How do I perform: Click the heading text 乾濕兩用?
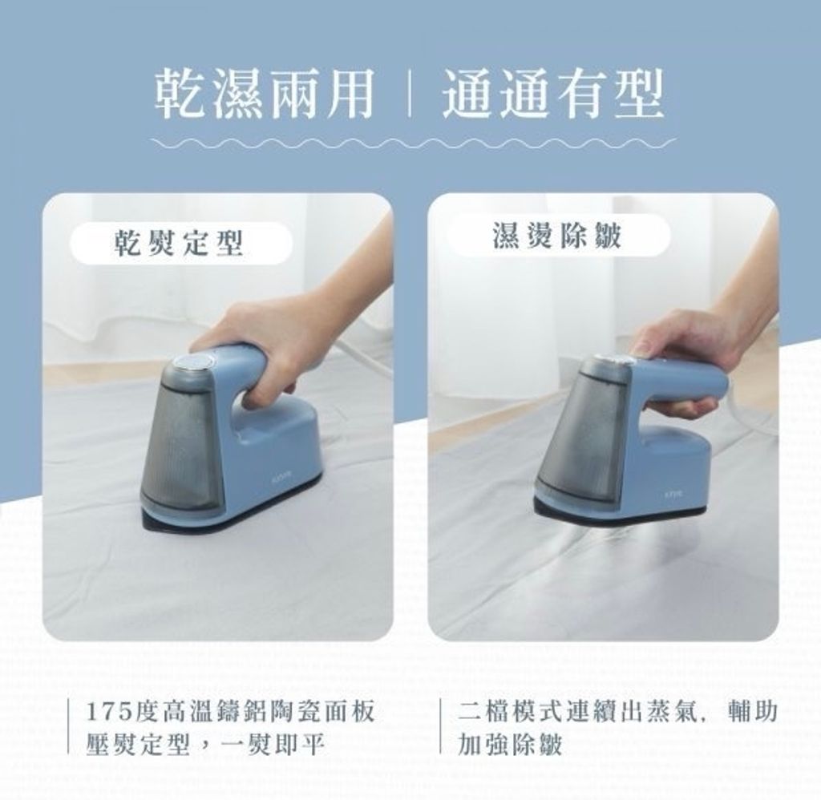click(265, 95)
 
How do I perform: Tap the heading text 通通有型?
click(553, 95)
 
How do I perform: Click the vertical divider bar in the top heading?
click(410, 95)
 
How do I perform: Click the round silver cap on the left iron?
click(193, 362)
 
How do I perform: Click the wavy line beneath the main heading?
click(413, 142)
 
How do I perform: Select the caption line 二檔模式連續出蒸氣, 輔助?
click(617, 713)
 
